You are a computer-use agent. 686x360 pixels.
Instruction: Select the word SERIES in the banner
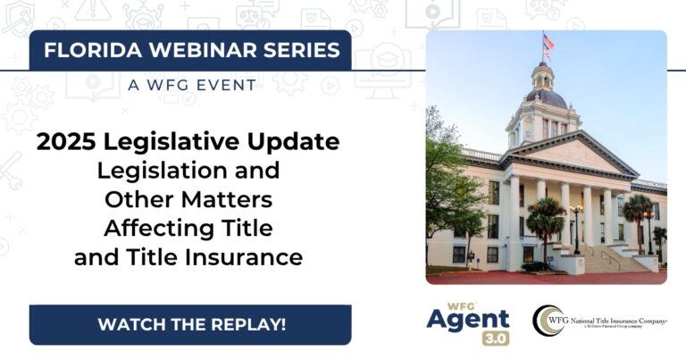[x=289, y=50]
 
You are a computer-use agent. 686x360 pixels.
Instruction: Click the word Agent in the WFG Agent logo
[x=467, y=319]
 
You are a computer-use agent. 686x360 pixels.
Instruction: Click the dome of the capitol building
[x=546, y=93]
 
